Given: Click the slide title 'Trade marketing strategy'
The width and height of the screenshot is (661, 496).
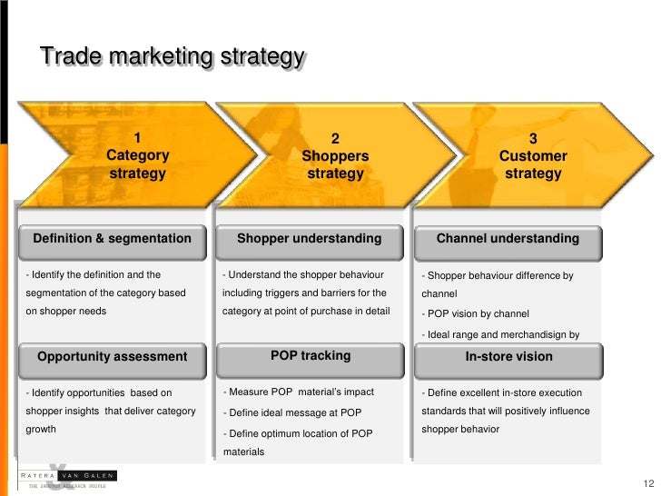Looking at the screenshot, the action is click(x=172, y=57).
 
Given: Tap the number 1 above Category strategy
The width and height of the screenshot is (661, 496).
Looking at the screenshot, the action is click(x=137, y=138).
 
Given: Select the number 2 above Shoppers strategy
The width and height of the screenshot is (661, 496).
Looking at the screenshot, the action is click(x=335, y=139).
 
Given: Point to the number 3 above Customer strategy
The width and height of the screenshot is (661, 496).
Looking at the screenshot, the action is click(x=532, y=139).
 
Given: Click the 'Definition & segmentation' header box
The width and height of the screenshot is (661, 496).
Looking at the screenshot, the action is click(x=113, y=239).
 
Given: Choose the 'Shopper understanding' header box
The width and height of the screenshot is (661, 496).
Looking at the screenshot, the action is click(x=310, y=239).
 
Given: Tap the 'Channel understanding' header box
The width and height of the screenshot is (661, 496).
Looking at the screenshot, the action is click(x=508, y=239).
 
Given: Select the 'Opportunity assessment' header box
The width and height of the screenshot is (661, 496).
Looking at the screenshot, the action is click(x=113, y=357).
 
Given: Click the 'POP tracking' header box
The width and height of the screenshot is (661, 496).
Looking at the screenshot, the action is click(x=310, y=355).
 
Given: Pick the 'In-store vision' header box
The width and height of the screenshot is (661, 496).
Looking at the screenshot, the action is click(x=508, y=357).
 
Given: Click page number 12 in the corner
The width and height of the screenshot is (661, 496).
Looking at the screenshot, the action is click(x=647, y=483).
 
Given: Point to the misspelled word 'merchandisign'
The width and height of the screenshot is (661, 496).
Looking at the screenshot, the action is click(x=536, y=335).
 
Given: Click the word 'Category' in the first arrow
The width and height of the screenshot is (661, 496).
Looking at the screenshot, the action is click(x=137, y=155).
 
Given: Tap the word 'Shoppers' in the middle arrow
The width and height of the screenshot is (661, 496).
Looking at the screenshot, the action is click(x=335, y=156).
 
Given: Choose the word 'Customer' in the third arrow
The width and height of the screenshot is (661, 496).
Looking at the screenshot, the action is click(x=533, y=156).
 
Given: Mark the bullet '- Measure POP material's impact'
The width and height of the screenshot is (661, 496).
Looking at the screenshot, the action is click(x=298, y=392).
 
